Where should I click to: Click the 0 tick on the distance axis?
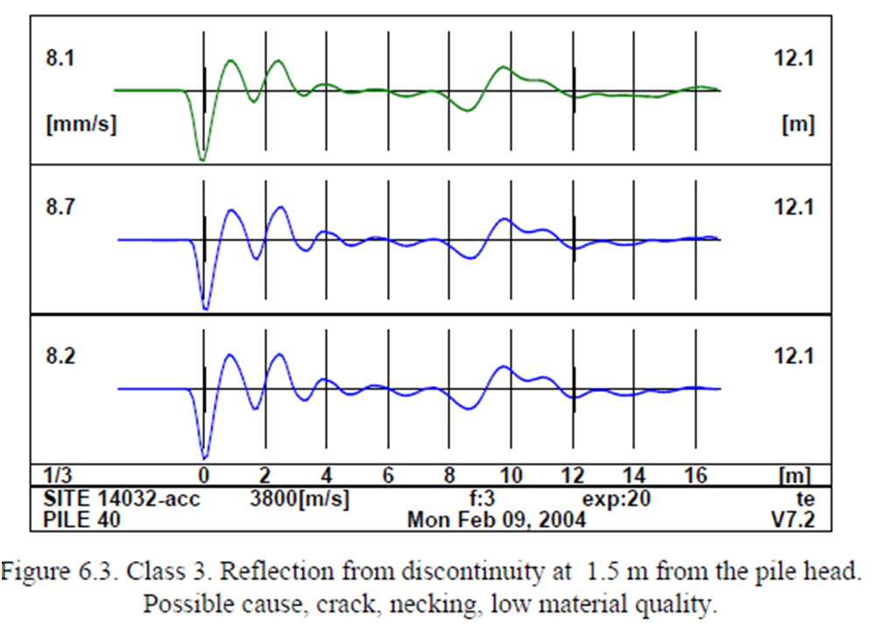click(x=204, y=476)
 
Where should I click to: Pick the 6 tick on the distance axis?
click(x=388, y=476)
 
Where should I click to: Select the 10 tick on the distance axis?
click(x=512, y=476)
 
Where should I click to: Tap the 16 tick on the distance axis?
click(x=695, y=476)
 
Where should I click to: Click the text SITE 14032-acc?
click(x=121, y=499)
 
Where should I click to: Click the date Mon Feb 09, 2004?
click(x=497, y=519)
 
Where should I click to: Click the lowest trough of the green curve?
click(x=203, y=160)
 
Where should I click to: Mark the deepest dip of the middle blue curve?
click(x=206, y=309)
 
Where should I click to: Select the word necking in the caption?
click(x=445, y=603)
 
